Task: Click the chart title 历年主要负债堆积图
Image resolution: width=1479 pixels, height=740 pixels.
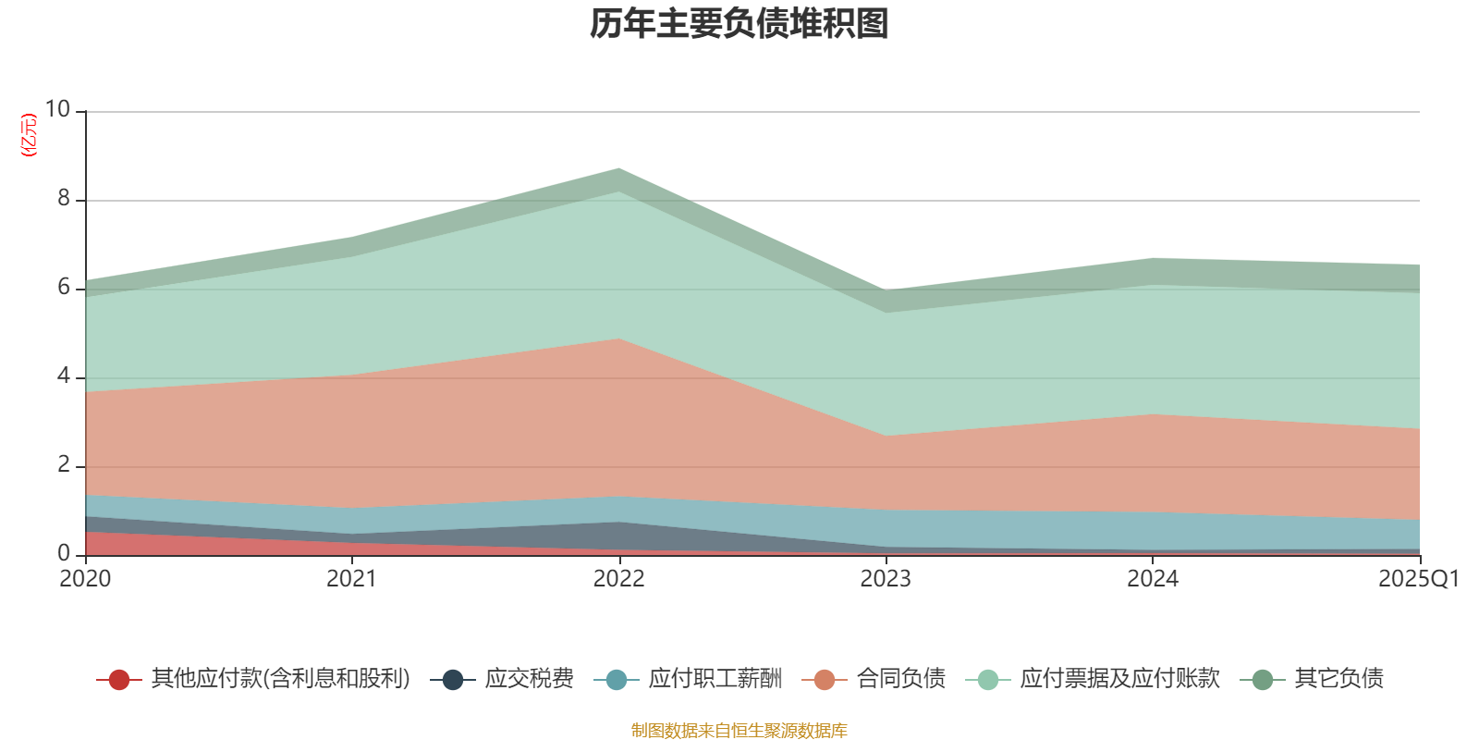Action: (x=739, y=24)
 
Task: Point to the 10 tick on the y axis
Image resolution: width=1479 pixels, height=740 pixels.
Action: (x=57, y=109)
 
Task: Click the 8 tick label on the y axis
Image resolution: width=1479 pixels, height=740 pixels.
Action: (x=64, y=198)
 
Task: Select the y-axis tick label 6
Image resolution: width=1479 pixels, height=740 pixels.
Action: (x=64, y=287)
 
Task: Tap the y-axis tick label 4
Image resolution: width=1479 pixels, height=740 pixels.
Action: (x=64, y=376)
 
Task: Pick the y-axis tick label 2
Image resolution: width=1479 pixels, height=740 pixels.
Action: (x=64, y=464)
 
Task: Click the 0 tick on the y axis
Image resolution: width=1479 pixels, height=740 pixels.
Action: (x=64, y=553)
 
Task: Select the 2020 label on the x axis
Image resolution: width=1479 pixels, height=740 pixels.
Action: (x=85, y=579)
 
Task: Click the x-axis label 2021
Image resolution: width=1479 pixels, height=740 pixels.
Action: (x=351, y=579)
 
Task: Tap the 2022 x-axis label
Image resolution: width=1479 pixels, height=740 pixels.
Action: (x=618, y=579)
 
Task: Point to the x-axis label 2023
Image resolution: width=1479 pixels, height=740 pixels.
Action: (x=886, y=579)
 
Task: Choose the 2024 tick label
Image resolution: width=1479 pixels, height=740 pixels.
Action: (x=1152, y=579)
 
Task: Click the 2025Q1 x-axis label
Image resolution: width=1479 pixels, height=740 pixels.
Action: (x=1418, y=579)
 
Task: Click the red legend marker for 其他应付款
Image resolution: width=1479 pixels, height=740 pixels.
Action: (x=119, y=680)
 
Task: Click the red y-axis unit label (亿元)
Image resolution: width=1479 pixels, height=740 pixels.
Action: (x=29, y=135)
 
